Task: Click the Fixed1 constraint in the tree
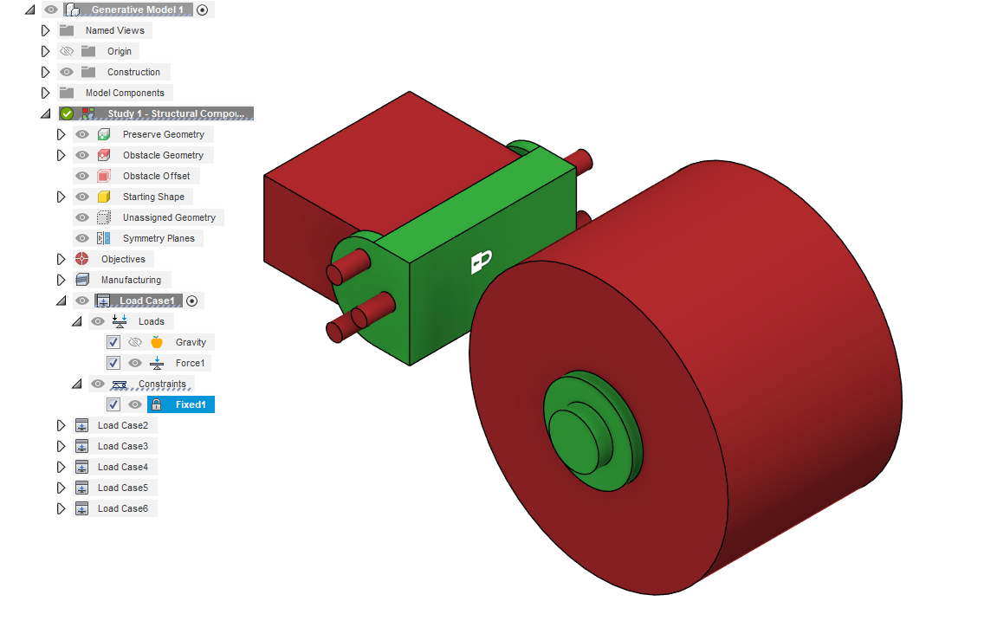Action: click(190, 404)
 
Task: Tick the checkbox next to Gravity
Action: click(113, 342)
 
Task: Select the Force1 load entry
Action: click(190, 363)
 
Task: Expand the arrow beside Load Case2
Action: click(61, 425)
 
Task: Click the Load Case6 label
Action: click(122, 508)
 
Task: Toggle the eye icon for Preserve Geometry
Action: click(82, 134)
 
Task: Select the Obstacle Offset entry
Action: click(156, 176)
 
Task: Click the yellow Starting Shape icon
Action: click(104, 197)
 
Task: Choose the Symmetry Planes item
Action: click(158, 238)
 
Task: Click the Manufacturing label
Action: click(131, 280)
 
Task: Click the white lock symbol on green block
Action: click(481, 262)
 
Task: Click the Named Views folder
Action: click(114, 30)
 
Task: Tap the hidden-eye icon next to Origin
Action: click(67, 51)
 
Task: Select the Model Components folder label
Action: click(124, 93)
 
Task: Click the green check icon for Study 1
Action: click(67, 113)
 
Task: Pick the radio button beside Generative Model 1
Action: click(203, 10)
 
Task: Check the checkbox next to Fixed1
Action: click(113, 404)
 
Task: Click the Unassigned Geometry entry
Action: click(169, 217)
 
